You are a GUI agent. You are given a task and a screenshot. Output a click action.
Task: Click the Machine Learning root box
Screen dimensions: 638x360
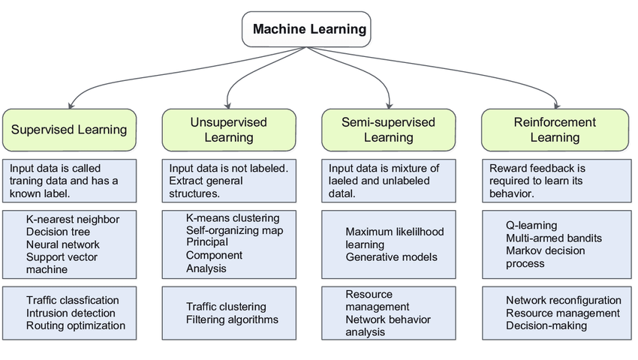tap(306, 29)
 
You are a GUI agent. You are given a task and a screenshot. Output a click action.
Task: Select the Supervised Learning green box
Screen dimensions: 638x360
tap(69, 130)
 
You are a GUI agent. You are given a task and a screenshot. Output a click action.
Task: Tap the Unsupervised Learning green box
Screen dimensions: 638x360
tap(229, 130)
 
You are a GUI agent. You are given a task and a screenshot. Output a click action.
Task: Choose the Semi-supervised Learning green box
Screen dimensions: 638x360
tap(389, 130)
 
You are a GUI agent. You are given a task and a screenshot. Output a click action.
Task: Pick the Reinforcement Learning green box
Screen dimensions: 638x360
tap(555, 130)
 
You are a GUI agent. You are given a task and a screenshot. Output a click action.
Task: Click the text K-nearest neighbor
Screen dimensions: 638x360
tap(73, 219)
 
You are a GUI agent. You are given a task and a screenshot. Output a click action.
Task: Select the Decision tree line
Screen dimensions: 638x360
tap(59, 232)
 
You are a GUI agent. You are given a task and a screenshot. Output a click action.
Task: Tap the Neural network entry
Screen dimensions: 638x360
tap(63, 244)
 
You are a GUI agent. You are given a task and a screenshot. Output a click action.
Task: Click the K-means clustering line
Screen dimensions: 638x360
tap(233, 218)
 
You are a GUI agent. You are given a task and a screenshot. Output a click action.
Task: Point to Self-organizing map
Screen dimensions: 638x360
tap(235, 231)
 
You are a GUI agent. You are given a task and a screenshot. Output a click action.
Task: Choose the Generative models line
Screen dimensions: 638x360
tap(391, 257)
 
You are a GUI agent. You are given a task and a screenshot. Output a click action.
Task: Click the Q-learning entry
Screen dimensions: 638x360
tap(532, 225)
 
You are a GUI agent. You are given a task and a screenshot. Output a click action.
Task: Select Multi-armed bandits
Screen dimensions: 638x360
tap(554, 238)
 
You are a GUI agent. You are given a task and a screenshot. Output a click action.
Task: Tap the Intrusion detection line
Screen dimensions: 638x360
tap(71, 313)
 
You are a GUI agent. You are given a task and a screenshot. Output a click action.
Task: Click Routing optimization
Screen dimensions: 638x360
tap(76, 325)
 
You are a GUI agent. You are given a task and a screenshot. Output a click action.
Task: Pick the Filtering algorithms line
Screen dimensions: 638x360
tap(233, 319)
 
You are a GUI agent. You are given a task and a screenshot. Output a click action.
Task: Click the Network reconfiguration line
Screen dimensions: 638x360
tap(564, 301)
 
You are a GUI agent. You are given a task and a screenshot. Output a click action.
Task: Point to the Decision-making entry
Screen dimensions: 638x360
tap(546, 325)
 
